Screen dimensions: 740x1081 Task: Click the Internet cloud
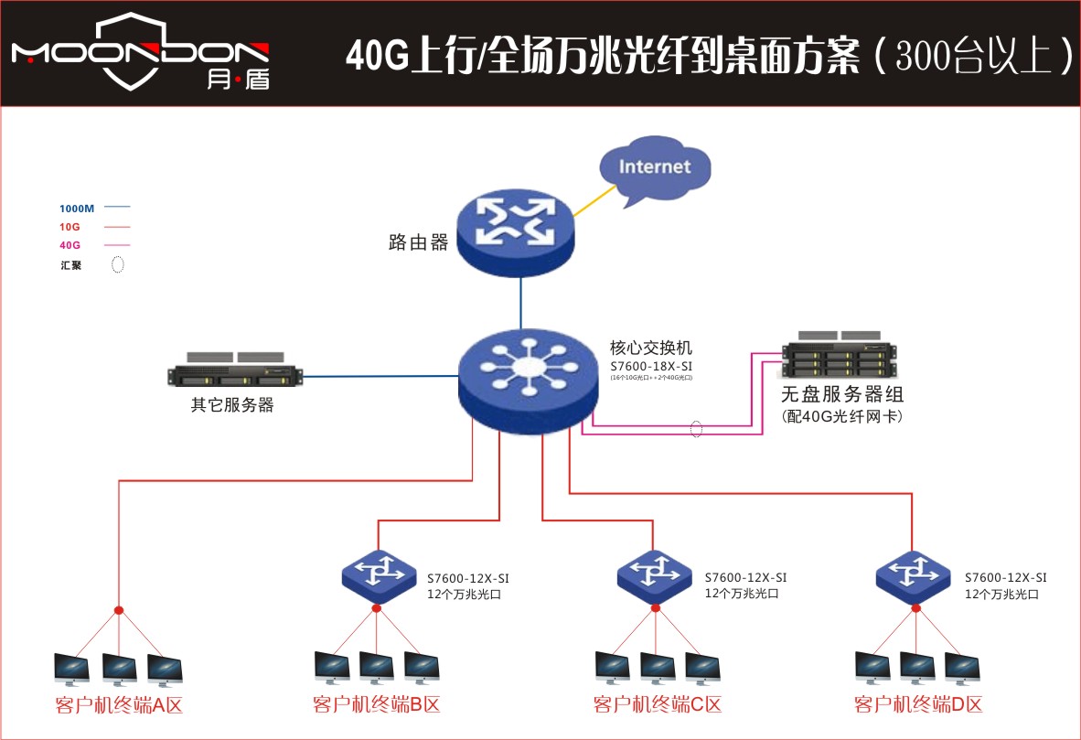[x=655, y=167]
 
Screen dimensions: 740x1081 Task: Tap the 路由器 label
[x=418, y=242]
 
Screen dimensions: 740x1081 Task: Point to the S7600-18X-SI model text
[x=650, y=365]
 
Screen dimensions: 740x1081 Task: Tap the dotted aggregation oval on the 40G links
[x=696, y=428]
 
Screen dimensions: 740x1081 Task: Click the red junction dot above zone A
[x=119, y=610]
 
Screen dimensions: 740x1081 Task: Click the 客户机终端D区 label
[x=918, y=705]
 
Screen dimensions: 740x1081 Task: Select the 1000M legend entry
[x=77, y=208]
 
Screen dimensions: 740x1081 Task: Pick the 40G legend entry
[x=70, y=245]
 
